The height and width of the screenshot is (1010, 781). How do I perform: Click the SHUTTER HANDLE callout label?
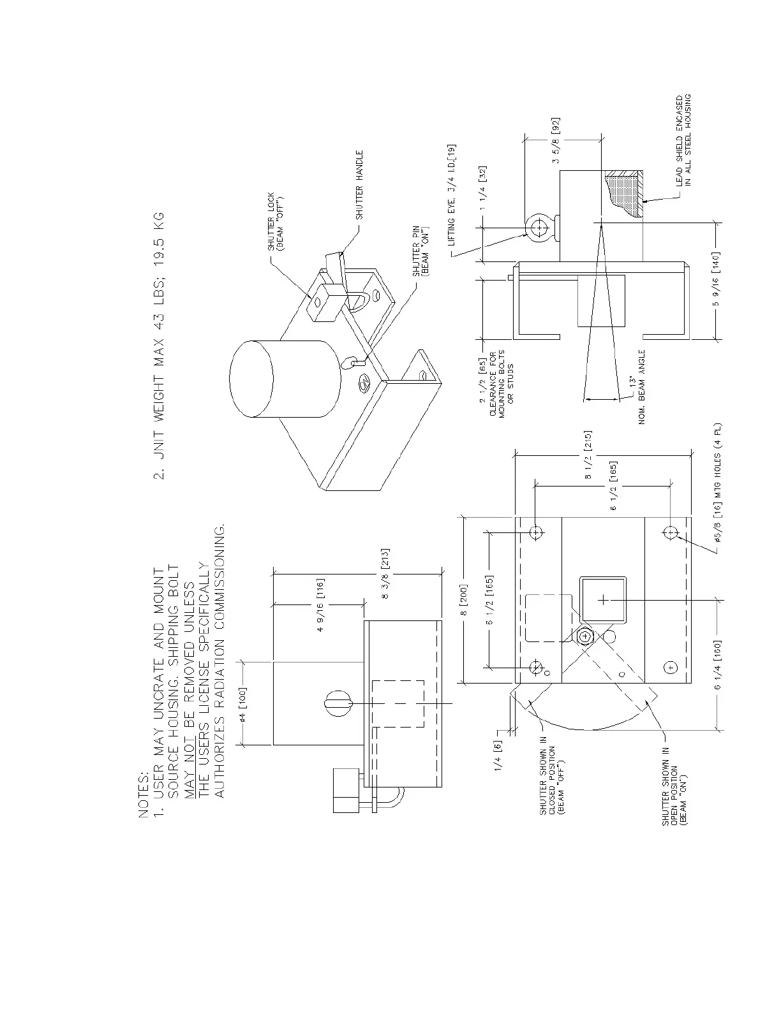(x=359, y=185)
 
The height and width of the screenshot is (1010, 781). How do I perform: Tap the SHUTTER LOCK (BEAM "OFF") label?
(x=275, y=221)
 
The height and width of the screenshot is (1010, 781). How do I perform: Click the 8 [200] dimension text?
(x=466, y=600)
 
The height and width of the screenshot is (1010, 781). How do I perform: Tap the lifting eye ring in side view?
(x=540, y=226)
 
